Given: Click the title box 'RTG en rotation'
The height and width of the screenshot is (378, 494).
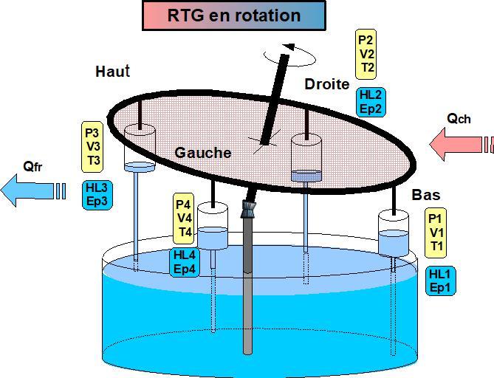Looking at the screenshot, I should [233, 16].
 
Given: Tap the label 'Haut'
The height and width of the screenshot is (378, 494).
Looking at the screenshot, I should [112, 72].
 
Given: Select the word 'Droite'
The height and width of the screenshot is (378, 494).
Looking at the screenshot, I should [326, 84].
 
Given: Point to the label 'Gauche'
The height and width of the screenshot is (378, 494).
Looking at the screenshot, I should [203, 153].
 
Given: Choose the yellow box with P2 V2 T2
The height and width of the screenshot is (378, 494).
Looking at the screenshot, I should [367, 54].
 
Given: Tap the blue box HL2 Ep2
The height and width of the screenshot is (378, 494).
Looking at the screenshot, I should [370, 102].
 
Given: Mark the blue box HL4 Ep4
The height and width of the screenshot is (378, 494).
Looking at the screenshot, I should [185, 262].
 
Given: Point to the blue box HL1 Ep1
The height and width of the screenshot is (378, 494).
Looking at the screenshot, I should [441, 281].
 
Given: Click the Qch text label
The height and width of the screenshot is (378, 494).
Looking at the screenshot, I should [459, 118].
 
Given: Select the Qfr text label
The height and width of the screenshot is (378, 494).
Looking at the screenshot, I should [32, 168].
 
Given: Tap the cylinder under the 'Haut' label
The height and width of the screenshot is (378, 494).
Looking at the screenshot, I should [140, 144].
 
